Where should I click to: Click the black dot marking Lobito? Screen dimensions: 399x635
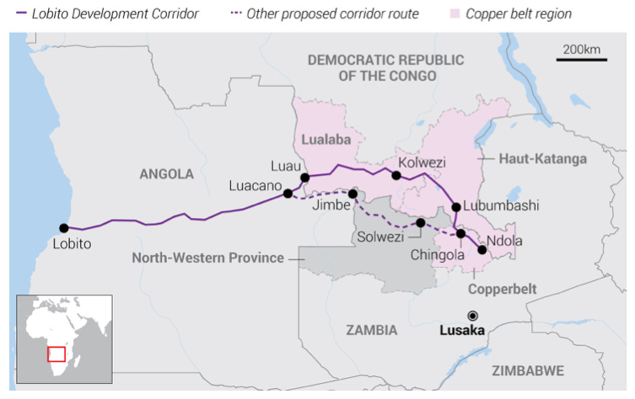pyautogui.click(x=63, y=227)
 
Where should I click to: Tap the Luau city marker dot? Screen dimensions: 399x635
pyautogui.click(x=304, y=178)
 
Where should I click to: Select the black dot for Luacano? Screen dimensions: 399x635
pyautogui.click(x=288, y=194)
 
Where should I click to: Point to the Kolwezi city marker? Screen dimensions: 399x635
pyautogui.click(x=396, y=175)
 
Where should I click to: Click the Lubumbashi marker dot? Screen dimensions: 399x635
pyautogui.click(x=456, y=206)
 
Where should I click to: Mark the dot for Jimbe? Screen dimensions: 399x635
pyautogui.click(x=352, y=194)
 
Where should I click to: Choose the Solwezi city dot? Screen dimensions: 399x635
pyautogui.click(x=420, y=223)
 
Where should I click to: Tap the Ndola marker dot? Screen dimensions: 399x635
pyautogui.click(x=482, y=249)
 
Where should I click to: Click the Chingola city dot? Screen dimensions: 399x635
pyautogui.click(x=460, y=233)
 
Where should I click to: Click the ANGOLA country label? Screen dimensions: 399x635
pyautogui.click(x=166, y=174)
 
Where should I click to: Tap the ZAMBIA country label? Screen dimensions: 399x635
pyautogui.click(x=371, y=330)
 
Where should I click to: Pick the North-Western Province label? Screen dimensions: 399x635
pyautogui.click(x=207, y=258)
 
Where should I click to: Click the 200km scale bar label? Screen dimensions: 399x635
pyautogui.click(x=581, y=50)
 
